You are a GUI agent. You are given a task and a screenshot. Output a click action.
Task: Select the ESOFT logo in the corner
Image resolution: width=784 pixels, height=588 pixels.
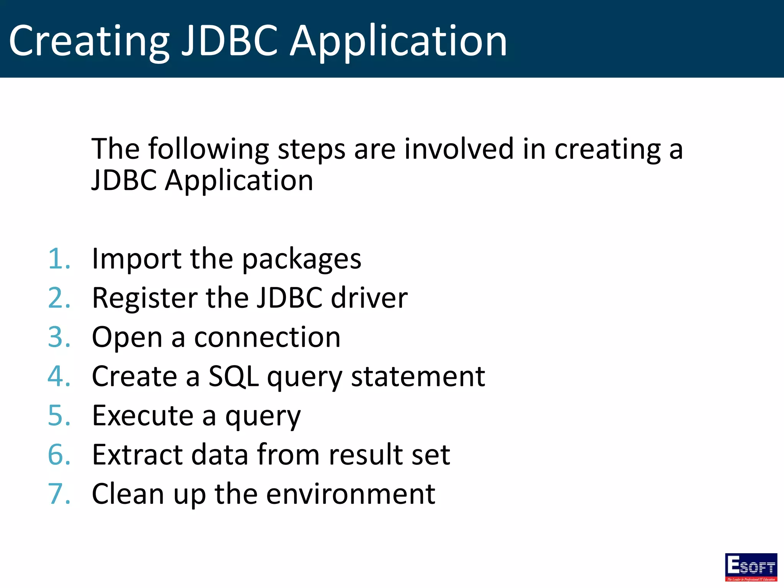click(751, 567)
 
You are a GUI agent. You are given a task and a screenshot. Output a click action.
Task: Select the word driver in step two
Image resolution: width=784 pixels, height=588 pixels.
click(369, 298)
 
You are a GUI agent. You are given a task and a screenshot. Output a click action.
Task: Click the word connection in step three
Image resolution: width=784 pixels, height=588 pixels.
click(267, 338)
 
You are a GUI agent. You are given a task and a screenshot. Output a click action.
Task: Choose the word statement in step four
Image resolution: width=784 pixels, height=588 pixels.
click(418, 377)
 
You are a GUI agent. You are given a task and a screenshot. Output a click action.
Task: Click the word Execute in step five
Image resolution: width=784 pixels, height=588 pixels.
click(143, 416)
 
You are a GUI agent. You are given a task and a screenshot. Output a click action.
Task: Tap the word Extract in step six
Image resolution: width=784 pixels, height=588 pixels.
click(137, 455)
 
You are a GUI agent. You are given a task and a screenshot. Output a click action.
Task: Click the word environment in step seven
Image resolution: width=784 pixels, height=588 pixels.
click(350, 494)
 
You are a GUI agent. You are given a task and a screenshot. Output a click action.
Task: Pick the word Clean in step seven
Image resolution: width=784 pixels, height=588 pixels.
click(128, 494)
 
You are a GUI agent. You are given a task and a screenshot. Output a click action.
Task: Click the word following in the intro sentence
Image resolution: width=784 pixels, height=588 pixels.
click(209, 149)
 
